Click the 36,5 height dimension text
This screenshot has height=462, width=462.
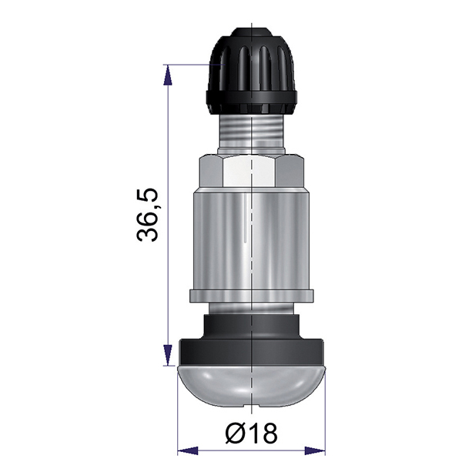point(148,215)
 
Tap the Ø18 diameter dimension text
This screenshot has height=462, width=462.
point(251,433)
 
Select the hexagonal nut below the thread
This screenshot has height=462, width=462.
point(251,172)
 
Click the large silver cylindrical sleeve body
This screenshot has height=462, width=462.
point(251,240)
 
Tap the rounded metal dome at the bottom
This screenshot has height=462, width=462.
point(251,386)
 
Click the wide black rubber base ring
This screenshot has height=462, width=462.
point(251,353)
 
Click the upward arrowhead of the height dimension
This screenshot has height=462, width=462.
point(168,75)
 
